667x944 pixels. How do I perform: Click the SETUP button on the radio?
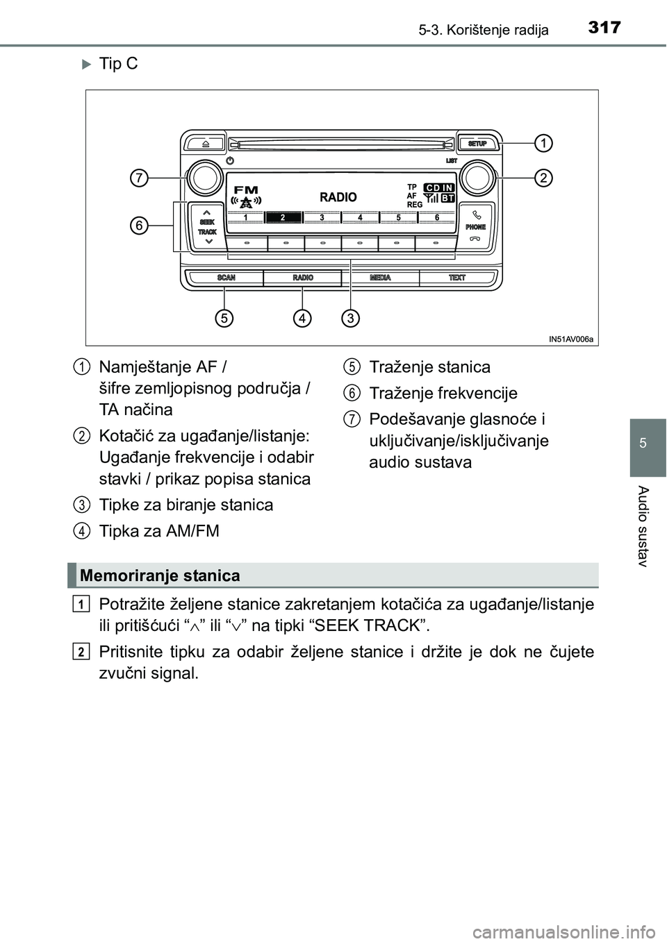pyautogui.click(x=477, y=144)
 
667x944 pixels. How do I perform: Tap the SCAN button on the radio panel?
pyautogui.click(x=227, y=278)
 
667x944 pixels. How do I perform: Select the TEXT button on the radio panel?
pyautogui.click(x=457, y=278)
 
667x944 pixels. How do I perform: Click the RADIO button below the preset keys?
pyautogui.click(x=303, y=278)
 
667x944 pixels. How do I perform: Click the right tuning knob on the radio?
pyautogui.click(x=477, y=178)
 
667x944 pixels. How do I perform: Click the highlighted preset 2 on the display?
pyautogui.click(x=283, y=217)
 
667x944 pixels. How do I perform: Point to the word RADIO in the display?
pyautogui.click(x=338, y=197)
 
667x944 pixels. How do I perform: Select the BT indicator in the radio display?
pyautogui.click(x=448, y=199)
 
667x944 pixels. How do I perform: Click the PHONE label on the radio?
pyautogui.click(x=476, y=227)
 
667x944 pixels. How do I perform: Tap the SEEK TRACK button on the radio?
pyautogui.click(x=207, y=226)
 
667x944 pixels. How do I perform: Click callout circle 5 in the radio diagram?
pyautogui.click(x=223, y=318)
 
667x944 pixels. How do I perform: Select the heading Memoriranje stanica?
pyautogui.click(x=160, y=575)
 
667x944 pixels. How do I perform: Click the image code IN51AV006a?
pyautogui.click(x=571, y=339)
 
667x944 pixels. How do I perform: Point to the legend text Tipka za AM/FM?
pyautogui.click(x=159, y=531)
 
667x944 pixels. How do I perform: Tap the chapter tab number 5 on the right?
pyautogui.click(x=648, y=442)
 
